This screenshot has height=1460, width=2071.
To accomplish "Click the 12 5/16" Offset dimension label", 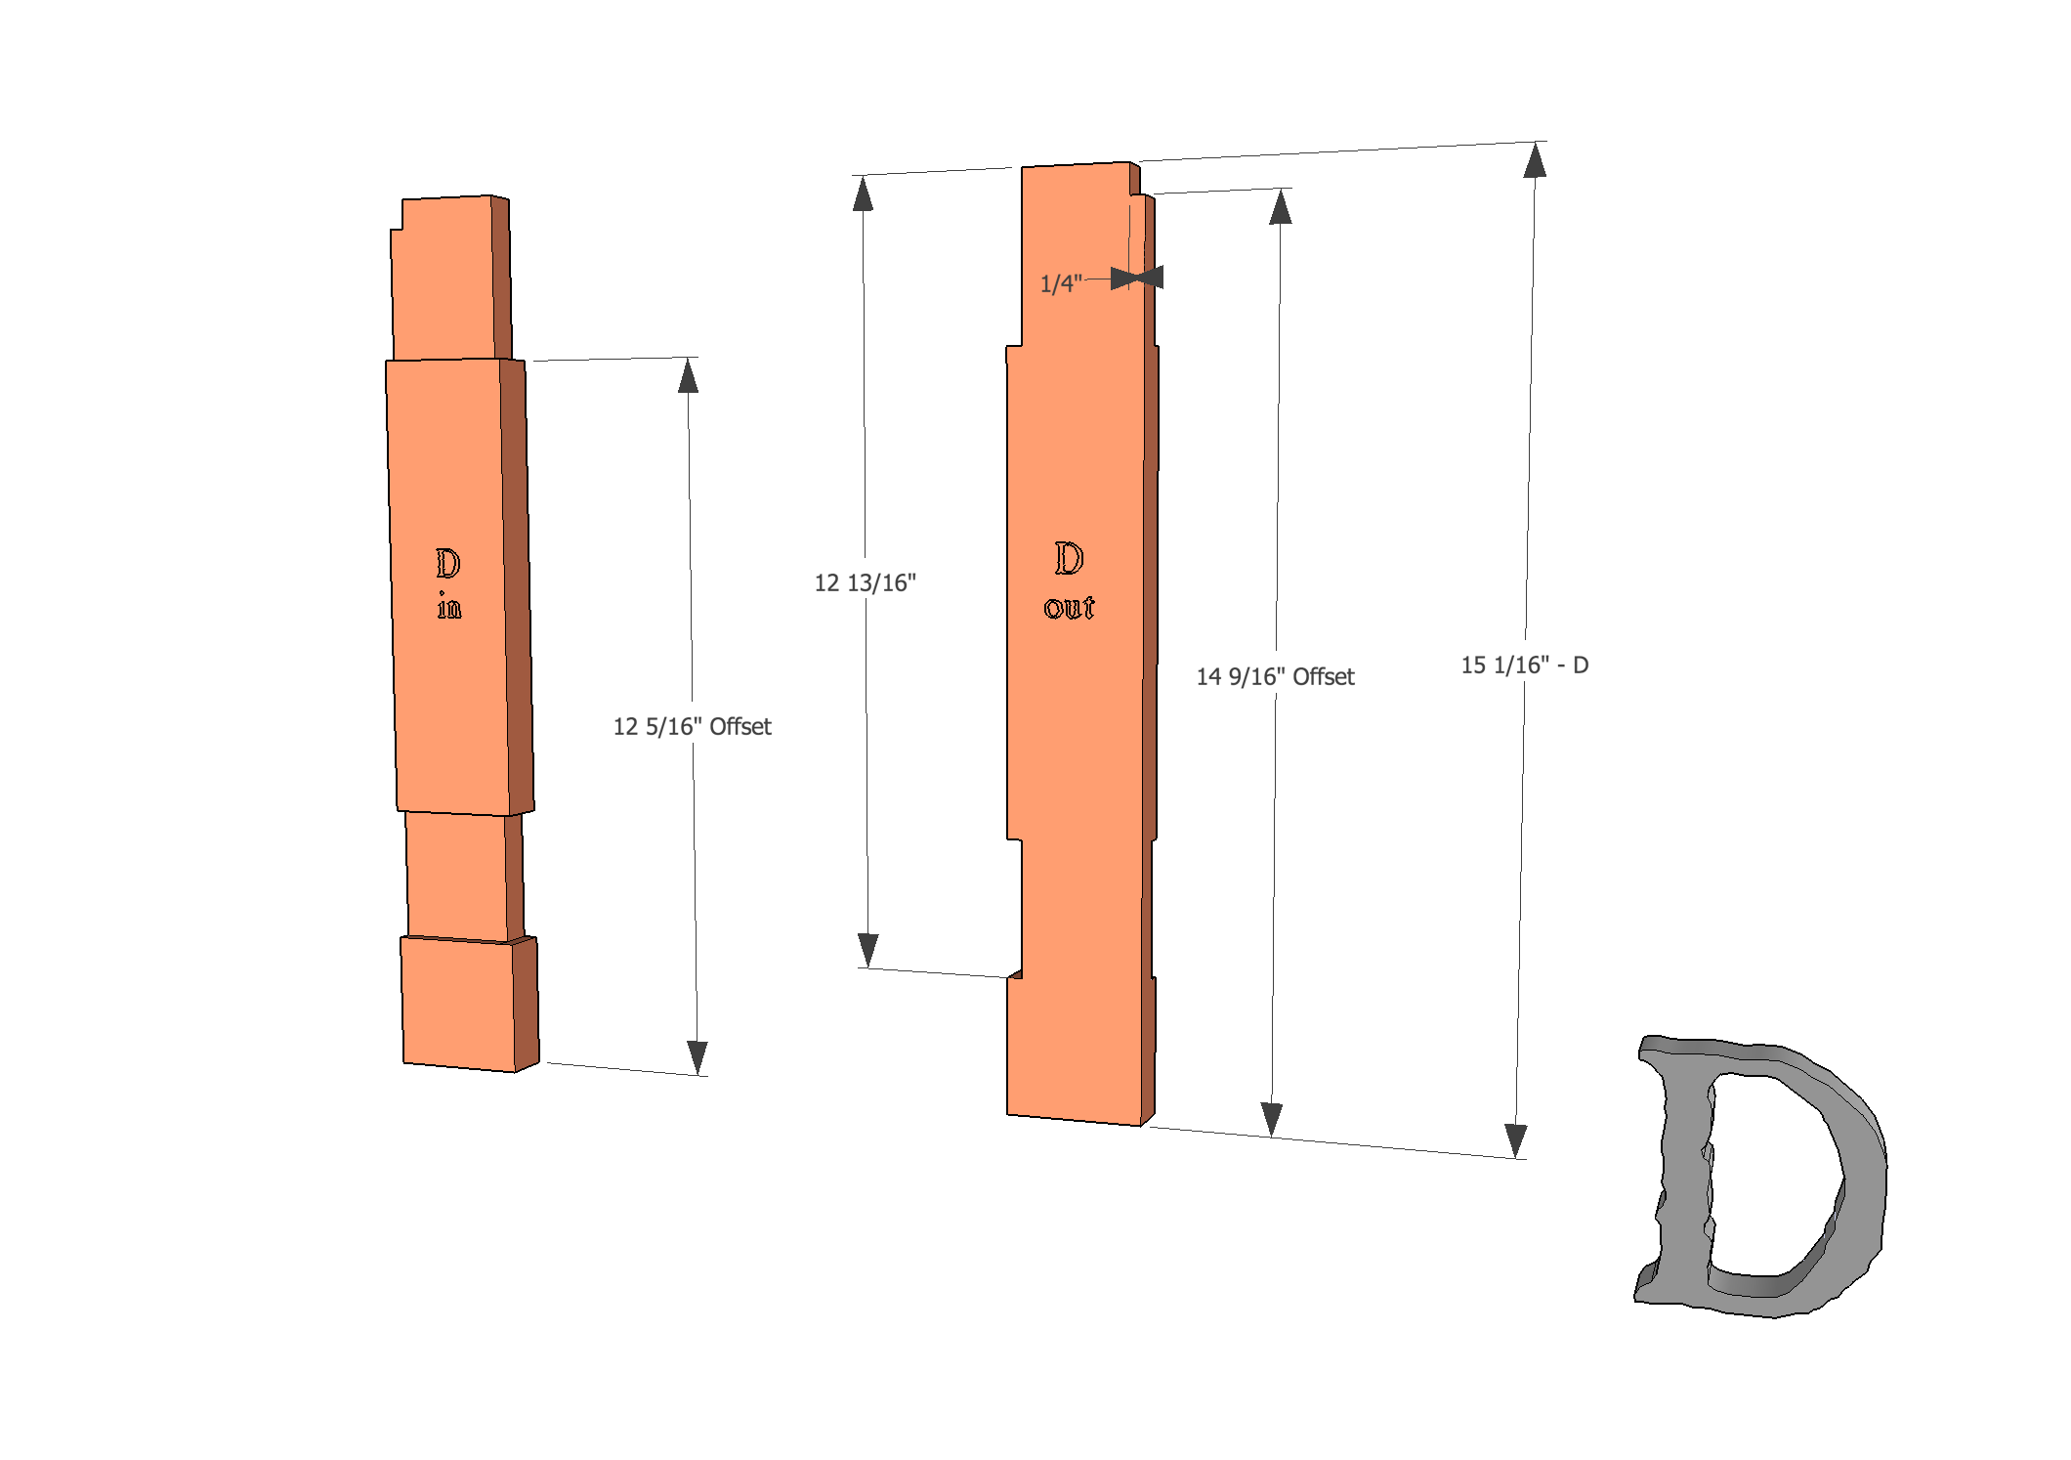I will (692, 726).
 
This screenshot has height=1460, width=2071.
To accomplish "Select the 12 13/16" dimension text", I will (865, 582).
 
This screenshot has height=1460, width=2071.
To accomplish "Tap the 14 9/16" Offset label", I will (1275, 676).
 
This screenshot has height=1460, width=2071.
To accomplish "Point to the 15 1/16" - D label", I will (1524, 665).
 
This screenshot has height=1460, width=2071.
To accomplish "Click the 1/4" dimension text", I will (1060, 283).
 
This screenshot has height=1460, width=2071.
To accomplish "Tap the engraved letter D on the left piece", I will (447, 563).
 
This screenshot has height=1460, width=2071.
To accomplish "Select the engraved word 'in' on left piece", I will (448, 606).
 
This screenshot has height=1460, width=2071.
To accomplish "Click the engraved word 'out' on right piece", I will (1069, 607).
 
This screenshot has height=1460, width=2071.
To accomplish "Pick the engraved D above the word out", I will (1069, 558).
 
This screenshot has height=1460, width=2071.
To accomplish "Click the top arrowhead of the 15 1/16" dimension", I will (1535, 160).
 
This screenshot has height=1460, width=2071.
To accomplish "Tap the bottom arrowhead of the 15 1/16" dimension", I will (1515, 1139).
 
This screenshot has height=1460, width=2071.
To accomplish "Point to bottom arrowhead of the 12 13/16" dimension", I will (867, 949).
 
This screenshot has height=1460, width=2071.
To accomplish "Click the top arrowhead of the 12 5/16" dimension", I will (688, 376).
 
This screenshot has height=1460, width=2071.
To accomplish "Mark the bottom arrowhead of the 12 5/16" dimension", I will (697, 1056).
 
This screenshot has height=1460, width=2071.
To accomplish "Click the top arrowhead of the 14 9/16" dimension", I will (1281, 207).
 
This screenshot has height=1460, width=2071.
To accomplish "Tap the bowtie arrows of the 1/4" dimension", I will (1137, 278).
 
